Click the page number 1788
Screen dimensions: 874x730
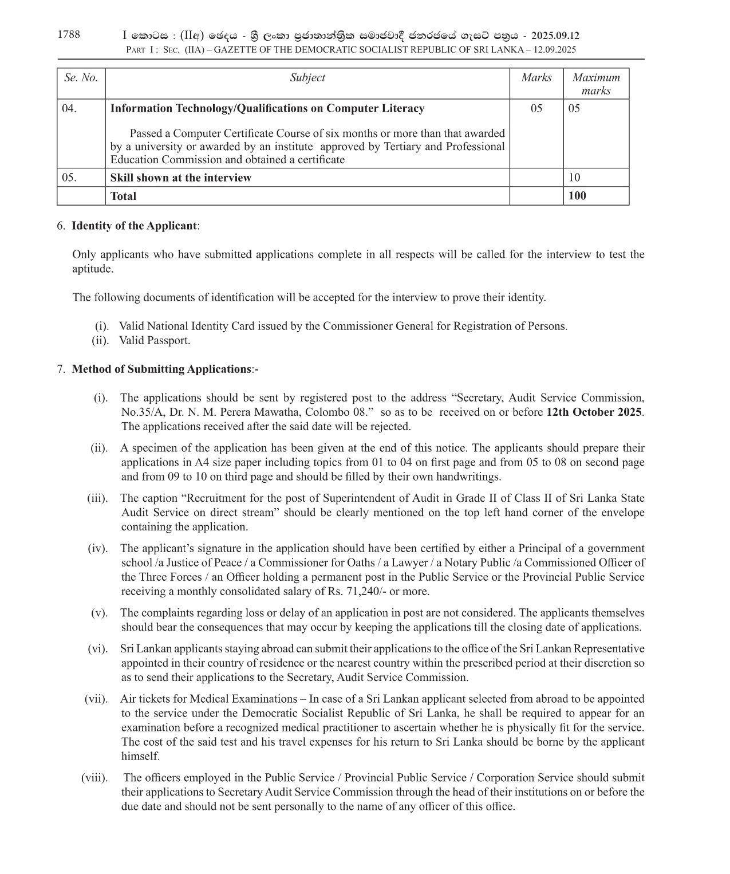(69, 34)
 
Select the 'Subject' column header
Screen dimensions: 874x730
(307, 78)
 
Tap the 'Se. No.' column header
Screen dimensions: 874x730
(81, 78)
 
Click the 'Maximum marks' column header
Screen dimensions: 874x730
(596, 84)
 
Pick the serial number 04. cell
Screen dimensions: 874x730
(69, 108)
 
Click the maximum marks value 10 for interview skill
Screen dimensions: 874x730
(574, 178)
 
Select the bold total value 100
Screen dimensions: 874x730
(577, 196)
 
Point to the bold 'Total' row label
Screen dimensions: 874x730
(123, 196)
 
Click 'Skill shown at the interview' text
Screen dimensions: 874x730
(180, 178)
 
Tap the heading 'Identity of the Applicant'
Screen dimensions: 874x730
(134, 226)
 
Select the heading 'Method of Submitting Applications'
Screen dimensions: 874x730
(161, 369)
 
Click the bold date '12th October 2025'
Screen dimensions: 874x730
(594, 412)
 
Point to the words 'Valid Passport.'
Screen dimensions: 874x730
(155, 340)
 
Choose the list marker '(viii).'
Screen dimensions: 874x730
(94, 778)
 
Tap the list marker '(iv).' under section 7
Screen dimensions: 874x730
(97, 548)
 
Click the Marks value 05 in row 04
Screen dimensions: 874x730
(536, 108)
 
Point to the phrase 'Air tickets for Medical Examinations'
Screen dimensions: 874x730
(208, 699)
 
